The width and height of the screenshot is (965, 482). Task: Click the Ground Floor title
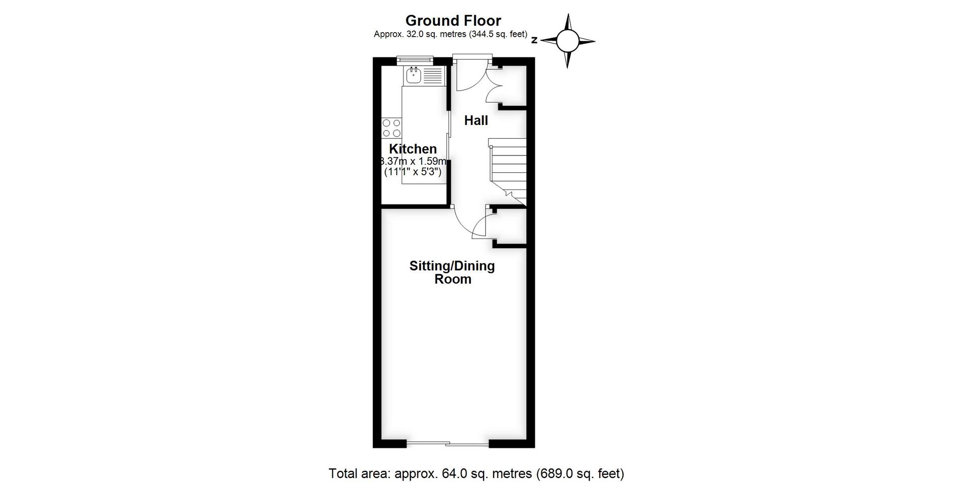tap(453, 21)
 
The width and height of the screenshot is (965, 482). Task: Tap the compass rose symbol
tap(567, 41)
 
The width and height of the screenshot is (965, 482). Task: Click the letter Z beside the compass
tap(534, 41)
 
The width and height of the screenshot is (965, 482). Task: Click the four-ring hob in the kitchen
tap(392, 128)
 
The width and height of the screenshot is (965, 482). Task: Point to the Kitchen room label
tap(413, 149)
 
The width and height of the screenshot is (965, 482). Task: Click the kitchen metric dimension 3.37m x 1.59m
tap(413, 161)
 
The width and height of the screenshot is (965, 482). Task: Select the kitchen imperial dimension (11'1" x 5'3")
tap(413, 172)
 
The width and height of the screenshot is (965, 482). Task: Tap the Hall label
tap(475, 120)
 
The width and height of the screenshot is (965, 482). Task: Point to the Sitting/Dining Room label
tap(452, 272)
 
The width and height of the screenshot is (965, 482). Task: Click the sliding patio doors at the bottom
tap(447, 443)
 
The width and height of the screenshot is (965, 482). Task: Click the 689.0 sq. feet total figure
tap(580, 473)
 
